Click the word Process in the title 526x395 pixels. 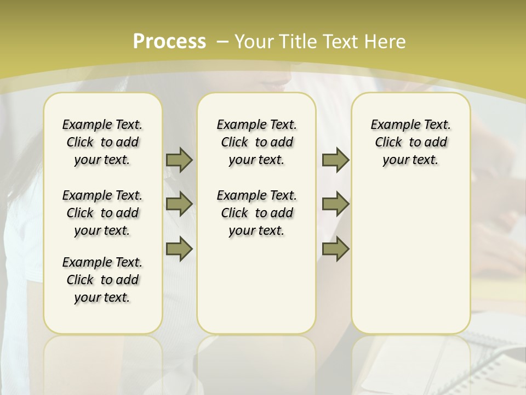(x=169, y=41)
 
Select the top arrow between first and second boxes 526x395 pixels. (x=179, y=160)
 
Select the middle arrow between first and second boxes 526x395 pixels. (x=179, y=204)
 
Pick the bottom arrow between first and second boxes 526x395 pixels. (x=179, y=249)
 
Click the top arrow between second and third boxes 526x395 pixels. (x=335, y=160)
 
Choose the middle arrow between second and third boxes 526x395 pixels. (x=335, y=204)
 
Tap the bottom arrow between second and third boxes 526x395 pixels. (x=335, y=249)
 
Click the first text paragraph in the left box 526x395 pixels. (x=102, y=142)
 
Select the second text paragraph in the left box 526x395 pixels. (x=102, y=213)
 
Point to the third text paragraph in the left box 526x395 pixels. (x=102, y=280)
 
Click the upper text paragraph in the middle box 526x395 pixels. (x=256, y=142)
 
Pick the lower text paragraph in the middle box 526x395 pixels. (x=256, y=213)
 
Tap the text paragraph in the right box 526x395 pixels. (x=410, y=142)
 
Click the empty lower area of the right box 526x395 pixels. (x=410, y=258)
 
